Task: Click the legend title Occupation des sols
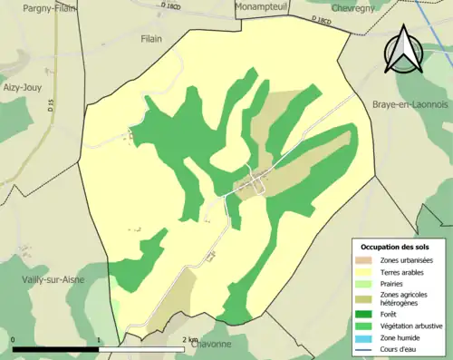point(395,247)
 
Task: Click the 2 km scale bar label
point(189,340)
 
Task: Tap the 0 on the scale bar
point(13,340)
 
